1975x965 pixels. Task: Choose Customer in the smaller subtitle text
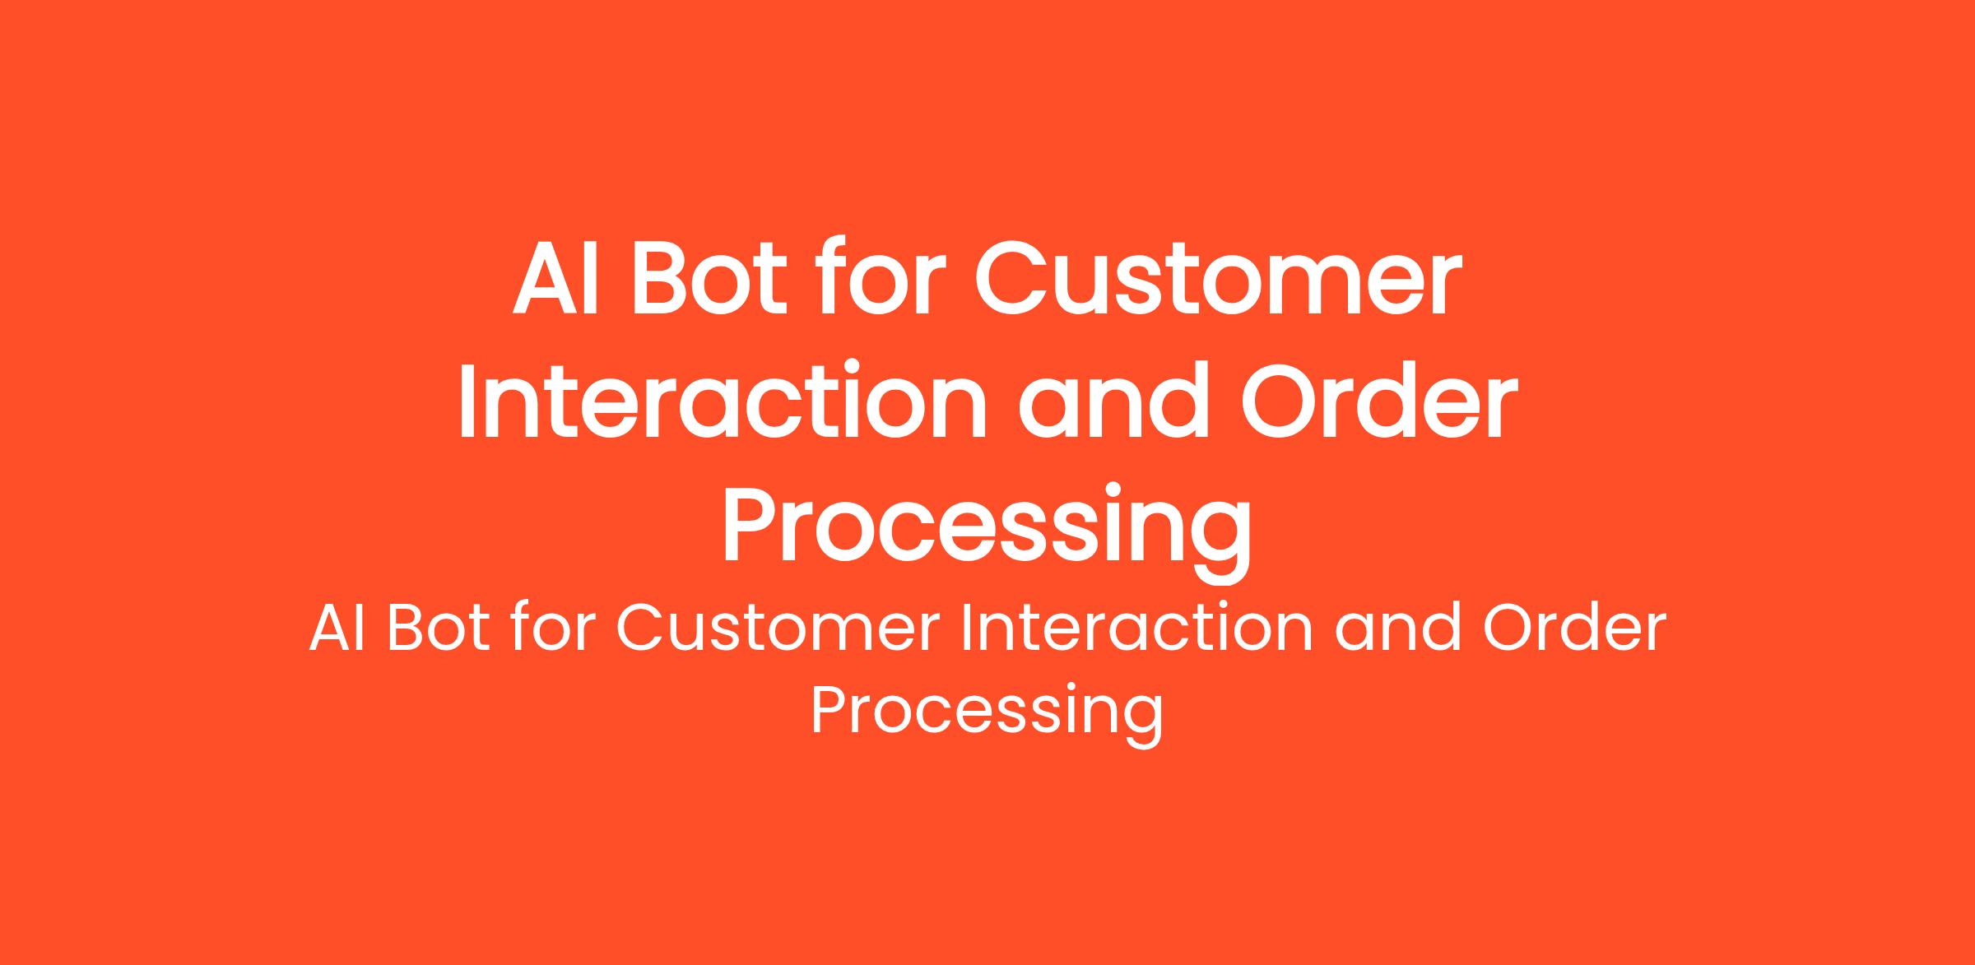778,630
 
